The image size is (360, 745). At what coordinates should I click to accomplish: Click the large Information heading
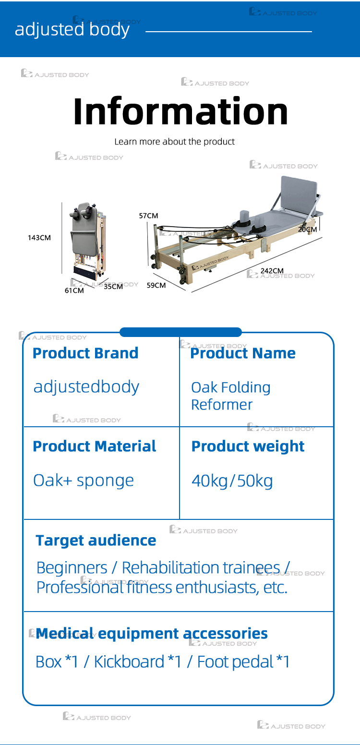(x=180, y=111)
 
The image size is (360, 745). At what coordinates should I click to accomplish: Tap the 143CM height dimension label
(x=39, y=238)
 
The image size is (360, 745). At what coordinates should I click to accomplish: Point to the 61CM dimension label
(x=74, y=290)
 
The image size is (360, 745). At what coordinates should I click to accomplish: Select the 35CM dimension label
(x=113, y=287)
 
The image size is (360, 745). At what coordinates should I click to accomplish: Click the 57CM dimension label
(x=148, y=216)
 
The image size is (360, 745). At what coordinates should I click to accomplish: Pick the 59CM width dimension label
(x=156, y=285)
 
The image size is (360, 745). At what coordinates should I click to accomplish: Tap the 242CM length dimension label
(x=272, y=271)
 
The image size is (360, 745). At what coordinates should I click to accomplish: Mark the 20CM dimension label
(x=307, y=229)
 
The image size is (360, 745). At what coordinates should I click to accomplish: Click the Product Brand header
(x=85, y=353)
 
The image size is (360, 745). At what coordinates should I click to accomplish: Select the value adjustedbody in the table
(x=86, y=387)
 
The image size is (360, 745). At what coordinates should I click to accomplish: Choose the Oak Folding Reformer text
(x=230, y=396)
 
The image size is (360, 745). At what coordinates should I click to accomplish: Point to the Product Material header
(x=94, y=446)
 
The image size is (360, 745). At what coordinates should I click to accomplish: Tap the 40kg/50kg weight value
(x=232, y=481)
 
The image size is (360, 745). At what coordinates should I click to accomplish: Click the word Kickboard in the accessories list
(x=129, y=662)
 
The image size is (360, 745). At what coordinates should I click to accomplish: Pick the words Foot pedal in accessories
(x=235, y=662)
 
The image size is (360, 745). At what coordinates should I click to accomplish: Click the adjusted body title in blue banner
(x=72, y=30)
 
